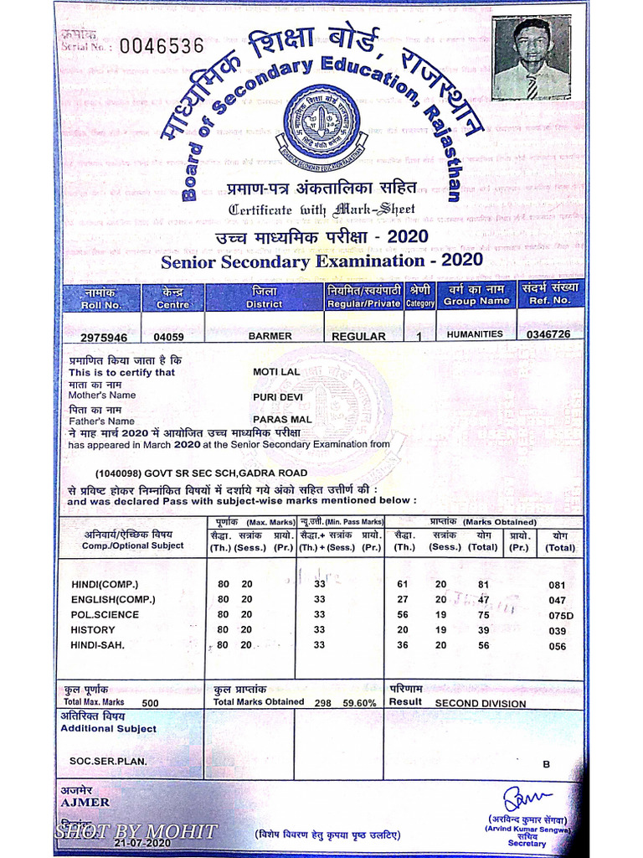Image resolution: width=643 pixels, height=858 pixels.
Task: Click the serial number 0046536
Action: (161, 46)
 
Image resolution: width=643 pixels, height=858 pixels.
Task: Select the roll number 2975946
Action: (104, 337)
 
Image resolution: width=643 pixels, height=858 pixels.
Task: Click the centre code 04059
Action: (169, 337)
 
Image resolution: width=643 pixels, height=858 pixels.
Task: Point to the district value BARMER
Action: (270, 336)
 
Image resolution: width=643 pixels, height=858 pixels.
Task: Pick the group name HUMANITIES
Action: (475, 334)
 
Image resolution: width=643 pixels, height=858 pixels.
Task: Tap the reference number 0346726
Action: (548, 334)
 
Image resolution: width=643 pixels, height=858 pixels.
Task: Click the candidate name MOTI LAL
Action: (275, 372)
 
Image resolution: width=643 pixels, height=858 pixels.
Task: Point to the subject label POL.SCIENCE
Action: (105, 615)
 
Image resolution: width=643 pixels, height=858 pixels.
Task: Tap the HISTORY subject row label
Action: (93, 630)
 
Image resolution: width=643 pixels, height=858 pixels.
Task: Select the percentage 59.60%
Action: (359, 704)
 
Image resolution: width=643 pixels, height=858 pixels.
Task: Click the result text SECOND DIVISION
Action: (481, 704)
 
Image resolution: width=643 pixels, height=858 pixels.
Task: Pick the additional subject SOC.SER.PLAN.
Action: (108, 762)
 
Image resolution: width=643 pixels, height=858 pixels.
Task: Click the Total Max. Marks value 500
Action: (150, 704)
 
